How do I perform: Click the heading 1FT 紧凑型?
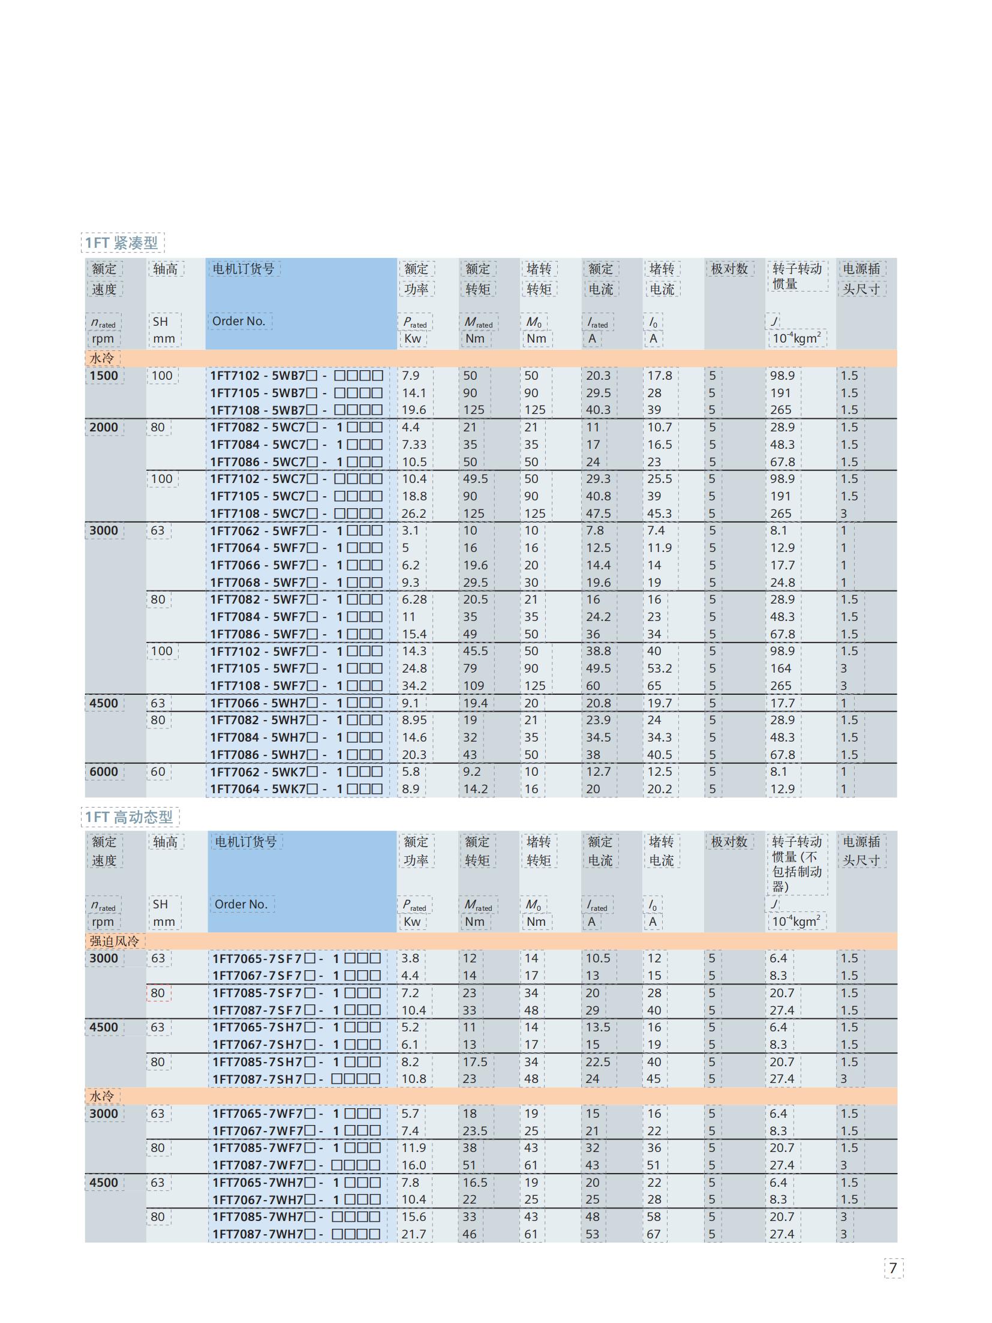[122, 242]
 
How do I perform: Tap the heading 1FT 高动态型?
[129, 817]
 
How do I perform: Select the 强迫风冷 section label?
[114, 941]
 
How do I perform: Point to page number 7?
[893, 1268]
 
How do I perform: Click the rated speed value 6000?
[104, 772]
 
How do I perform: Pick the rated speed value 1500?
[104, 376]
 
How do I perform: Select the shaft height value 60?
[158, 772]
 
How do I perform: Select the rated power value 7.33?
[414, 445]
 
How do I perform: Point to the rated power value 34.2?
[414, 686]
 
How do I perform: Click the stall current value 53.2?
[660, 668]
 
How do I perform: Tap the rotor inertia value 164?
[781, 668]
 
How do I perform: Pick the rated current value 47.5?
[599, 514]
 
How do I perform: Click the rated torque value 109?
[473, 686]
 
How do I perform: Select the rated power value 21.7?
[414, 1234]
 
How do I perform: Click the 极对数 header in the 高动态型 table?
[729, 841]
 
